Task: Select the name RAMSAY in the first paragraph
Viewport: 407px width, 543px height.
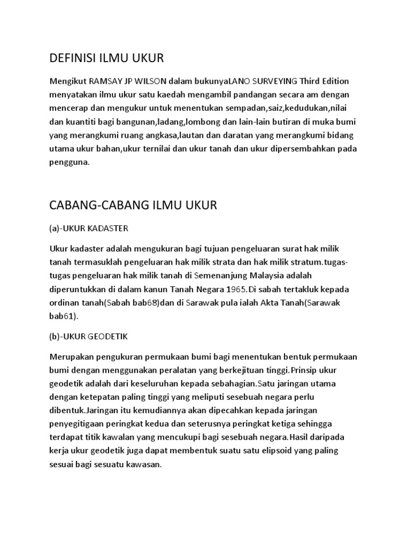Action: (106, 81)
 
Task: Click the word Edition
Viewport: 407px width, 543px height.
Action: (333, 81)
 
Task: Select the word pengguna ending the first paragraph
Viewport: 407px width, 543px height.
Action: (69, 163)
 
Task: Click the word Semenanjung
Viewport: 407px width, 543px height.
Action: (219, 276)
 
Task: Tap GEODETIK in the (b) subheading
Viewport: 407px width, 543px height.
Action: (107, 336)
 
